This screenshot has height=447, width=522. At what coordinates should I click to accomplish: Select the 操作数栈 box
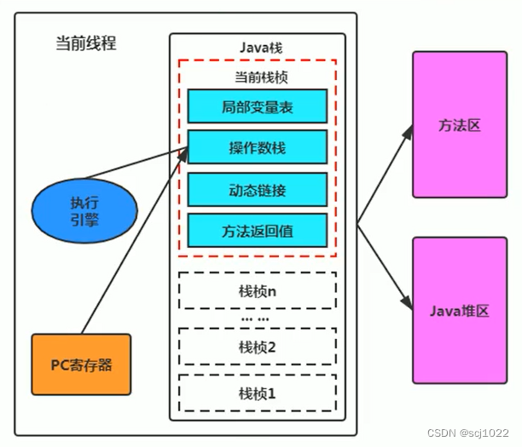coord(257,147)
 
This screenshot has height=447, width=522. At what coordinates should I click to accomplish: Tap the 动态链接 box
coord(257,189)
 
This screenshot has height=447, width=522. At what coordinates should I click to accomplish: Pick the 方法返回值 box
coord(257,230)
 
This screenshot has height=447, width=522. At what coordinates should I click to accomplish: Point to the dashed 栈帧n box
coord(257,290)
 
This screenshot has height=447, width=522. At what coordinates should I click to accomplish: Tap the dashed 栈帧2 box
coord(257,347)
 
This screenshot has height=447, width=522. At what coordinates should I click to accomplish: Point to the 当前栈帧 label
coord(257,76)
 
